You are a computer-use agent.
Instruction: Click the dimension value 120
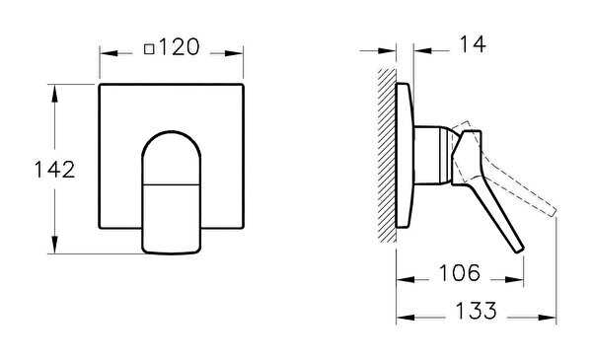coord(180,47)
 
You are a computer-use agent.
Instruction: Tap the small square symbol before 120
coord(149,49)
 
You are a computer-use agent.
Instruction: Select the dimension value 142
coord(54,170)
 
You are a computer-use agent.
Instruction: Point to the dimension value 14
coord(473,44)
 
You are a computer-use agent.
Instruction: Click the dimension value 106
coord(460,272)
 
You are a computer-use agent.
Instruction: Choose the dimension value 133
coord(477,310)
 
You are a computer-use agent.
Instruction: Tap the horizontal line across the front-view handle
coord(172,184)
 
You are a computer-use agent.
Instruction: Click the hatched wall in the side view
coord(387,156)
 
